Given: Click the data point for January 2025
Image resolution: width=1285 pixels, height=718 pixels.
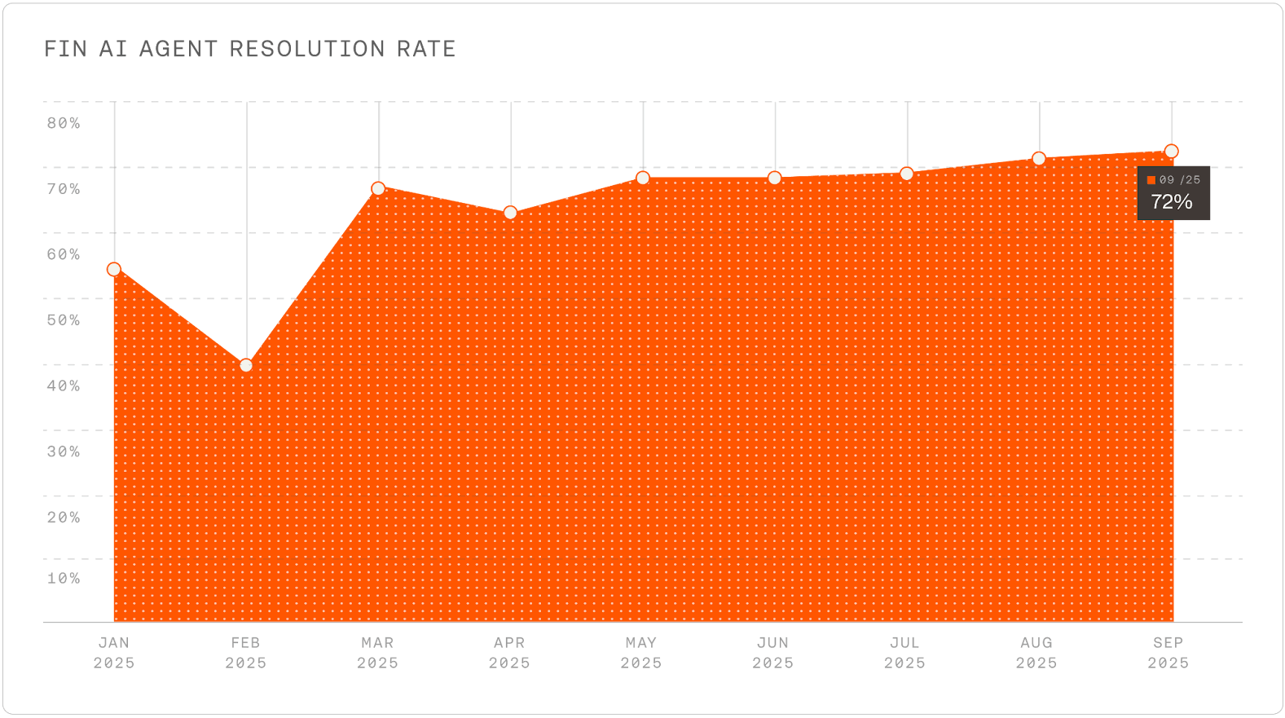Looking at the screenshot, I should pyautogui.click(x=114, y=270).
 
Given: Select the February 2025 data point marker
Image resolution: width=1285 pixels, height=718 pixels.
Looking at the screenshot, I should pyautogui.click(x=246, y=365).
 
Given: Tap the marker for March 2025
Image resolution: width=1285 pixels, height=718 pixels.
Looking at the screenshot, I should pyautogui.click(x=378, y=189).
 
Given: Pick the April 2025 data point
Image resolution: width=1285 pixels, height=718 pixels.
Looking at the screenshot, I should pyautogui.click(x=510, y=213).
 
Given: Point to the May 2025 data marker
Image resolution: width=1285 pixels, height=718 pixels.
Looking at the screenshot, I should pyautogui.click(x=643, y=178).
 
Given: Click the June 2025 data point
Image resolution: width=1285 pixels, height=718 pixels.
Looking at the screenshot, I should pyautogui.click(x=775, y=178).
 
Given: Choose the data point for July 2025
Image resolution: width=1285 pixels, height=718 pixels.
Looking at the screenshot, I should pyautogui.click(x=907, y=174).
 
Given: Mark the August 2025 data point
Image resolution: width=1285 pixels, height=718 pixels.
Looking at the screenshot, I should pyautogui.click(x=1039, y=158).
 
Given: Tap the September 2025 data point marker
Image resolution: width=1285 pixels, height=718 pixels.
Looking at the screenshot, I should pyautogui.click(x=1172, y=151).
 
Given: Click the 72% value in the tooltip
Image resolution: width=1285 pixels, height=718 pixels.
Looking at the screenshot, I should pyautogui.click(x=1172, y=202).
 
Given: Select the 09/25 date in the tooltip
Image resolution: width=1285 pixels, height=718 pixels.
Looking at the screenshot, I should pyautogui.click(x=1179, y=180).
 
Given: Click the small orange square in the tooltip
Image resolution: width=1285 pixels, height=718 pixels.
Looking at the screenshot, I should pyautogui.click(x=1151, y=180).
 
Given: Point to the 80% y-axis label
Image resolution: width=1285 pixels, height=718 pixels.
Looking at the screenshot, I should pyautogui.click(x=64, y=124).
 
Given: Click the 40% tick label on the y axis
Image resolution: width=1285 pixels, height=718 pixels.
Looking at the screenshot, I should pyautogui.click(x=64, y=385).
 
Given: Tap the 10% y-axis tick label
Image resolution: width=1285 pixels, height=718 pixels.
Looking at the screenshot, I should pyautogui.click(x=64, y=579).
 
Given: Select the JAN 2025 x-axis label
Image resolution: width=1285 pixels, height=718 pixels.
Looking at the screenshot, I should pyautogui.click(x=114, y=653).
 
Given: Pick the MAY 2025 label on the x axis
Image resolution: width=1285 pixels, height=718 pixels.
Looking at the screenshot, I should pyautogui.click(x=642, y=653).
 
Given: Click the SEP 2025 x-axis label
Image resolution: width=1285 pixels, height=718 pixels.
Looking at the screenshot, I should pyautogui.click(x=1168, y=653).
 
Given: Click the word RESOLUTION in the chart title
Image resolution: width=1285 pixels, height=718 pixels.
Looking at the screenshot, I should pyautogui.click(x=308, y=50).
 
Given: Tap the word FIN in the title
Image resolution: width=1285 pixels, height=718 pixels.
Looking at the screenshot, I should pyautogui.click(x=65, y=50).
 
